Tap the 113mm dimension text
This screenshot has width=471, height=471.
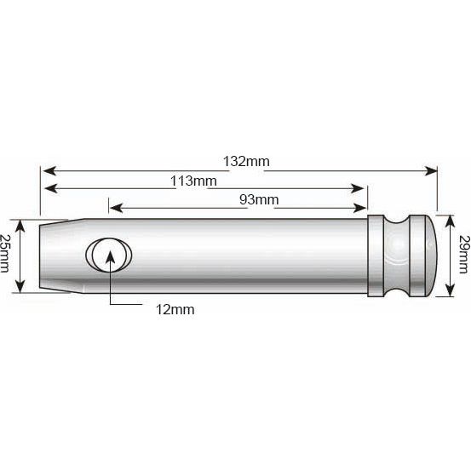tap(194, 181)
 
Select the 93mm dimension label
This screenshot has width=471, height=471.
tap(258, 200)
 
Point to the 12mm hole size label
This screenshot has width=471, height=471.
tap(176, 310)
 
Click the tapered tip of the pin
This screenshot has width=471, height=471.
tap(53, 245)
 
